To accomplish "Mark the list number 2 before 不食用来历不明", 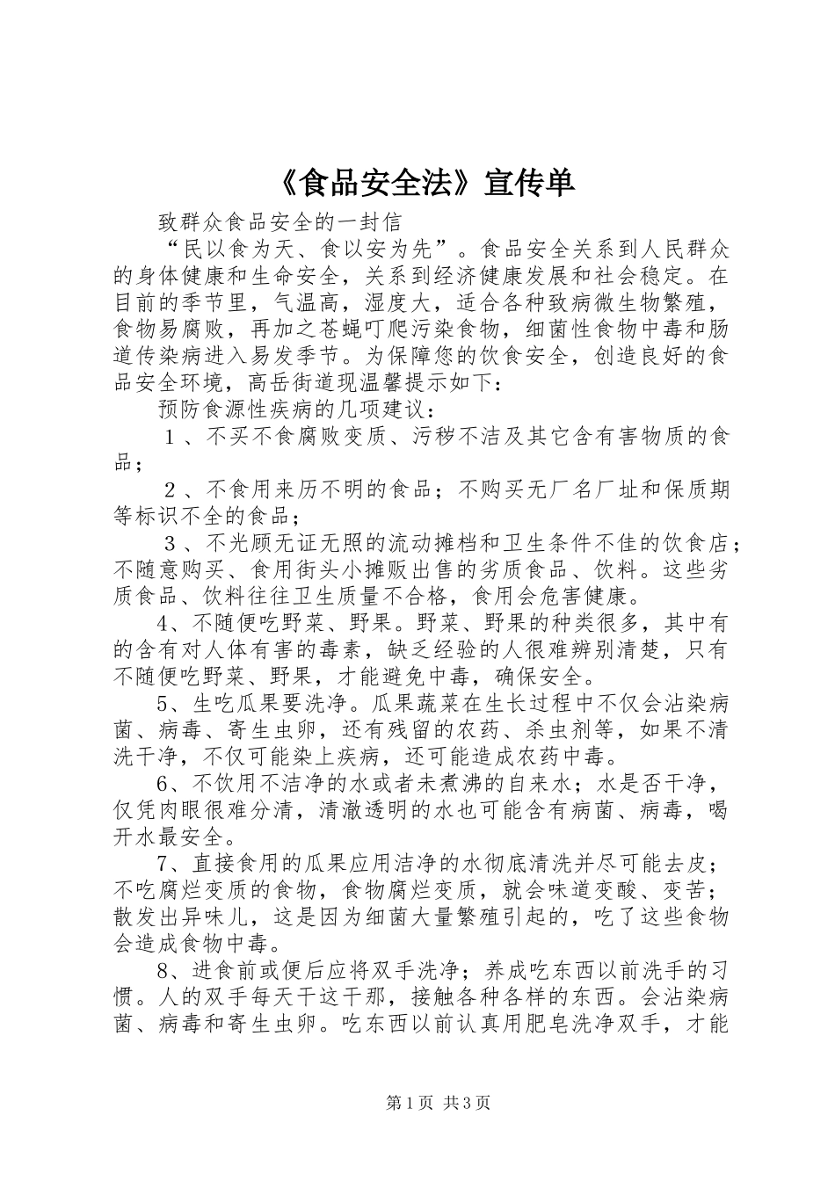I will pos(171,489).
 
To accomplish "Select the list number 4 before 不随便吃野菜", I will pos(165,624).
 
